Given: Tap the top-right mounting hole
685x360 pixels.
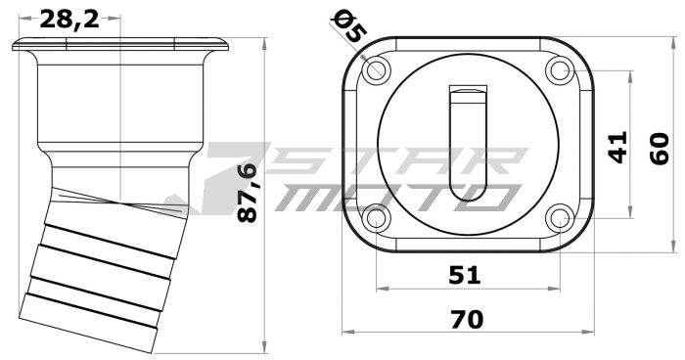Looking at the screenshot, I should click(x=559, y=70).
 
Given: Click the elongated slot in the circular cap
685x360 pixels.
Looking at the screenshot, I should click(x=468, y=147).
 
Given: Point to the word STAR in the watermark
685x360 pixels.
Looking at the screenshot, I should click(x=391, y=162).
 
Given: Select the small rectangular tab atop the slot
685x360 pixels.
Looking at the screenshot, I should click(x=468, y=93).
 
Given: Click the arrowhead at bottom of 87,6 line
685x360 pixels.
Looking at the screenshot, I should click(x=267, y=347).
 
